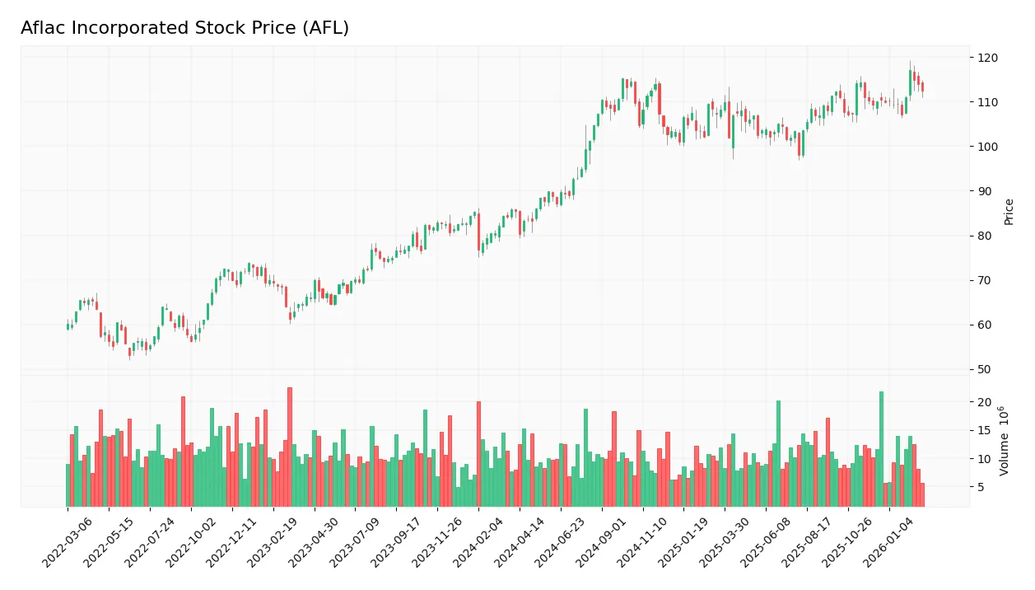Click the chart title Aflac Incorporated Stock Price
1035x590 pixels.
click(184, 28)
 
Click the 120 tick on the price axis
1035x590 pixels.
click(986, 58)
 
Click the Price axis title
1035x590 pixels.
click(1009, 212)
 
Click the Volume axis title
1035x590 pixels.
click(1005, 441)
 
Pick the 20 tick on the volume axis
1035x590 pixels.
click(983, 402)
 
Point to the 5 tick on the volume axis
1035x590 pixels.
click(981, 487)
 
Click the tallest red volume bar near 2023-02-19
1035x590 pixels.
click(290, 447)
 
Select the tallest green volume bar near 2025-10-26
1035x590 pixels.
click(881, 449)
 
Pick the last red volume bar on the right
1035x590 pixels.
click(922, 494)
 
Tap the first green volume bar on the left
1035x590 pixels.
click(68, 485)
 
